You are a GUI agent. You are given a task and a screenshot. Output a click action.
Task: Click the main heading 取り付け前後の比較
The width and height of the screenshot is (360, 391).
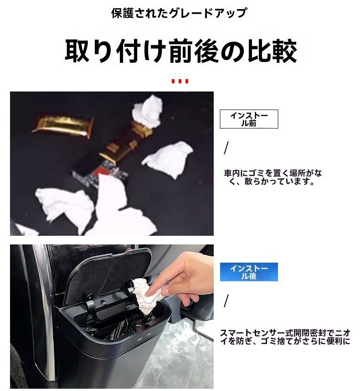180,51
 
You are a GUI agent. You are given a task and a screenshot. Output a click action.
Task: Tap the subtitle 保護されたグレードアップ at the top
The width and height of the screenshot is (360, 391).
180,12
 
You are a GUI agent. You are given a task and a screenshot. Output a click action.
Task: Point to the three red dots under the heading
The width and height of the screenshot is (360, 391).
180,81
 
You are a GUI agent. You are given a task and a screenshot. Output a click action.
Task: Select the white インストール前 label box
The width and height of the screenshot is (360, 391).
249,119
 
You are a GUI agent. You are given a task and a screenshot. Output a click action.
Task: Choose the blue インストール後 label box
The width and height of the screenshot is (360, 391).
249,272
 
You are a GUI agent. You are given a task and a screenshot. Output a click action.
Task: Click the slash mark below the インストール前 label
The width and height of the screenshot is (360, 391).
226,148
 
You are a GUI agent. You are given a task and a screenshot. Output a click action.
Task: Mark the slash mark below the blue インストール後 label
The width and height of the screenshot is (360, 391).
226,301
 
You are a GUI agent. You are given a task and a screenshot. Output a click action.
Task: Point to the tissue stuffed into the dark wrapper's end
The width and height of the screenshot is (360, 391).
147,112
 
